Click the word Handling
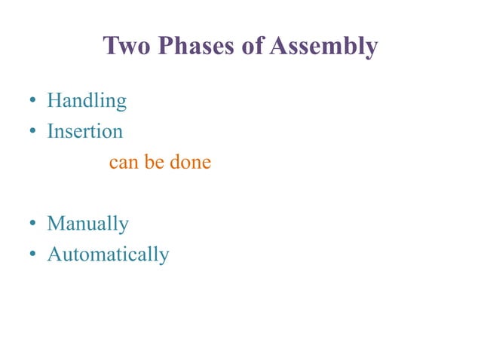[x=87, y=101]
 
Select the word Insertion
[x=84, y=131]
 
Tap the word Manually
[x=87, y=224]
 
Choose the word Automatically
[x=108, y=255]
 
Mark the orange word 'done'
[x=190, y=162]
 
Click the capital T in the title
[x=110, y=47]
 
